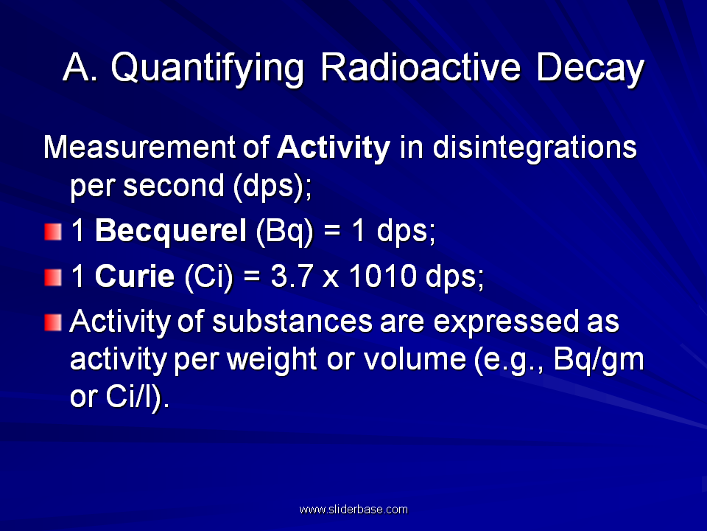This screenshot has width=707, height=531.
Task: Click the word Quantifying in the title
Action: (208, 69)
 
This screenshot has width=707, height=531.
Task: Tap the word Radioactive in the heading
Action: (421, 67)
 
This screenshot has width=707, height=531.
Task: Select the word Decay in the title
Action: (590, 69)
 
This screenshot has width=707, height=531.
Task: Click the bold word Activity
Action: (334, 148)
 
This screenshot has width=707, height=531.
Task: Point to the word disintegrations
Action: (535, 148)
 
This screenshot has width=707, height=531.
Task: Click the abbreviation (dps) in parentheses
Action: (270, 186)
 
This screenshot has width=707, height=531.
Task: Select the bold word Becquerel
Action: (170, 231)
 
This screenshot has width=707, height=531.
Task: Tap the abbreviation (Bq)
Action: (284, 231)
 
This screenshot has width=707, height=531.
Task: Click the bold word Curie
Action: (134, 276)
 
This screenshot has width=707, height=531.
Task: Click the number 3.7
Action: (292, 276)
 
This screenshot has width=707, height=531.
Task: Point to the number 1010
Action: (383, 276)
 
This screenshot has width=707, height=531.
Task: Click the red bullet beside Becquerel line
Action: (53, 232)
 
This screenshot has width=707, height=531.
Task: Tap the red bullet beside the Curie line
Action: (53, 277)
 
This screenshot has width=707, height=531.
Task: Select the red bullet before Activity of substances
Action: (53, 322)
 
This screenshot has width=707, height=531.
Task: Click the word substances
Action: (292, 321)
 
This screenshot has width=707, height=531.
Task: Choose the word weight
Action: (272, 360)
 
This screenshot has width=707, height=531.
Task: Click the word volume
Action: (415, 359)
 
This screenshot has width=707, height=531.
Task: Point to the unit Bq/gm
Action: (599, 360)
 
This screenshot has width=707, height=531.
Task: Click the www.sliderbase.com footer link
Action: (353, 510)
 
